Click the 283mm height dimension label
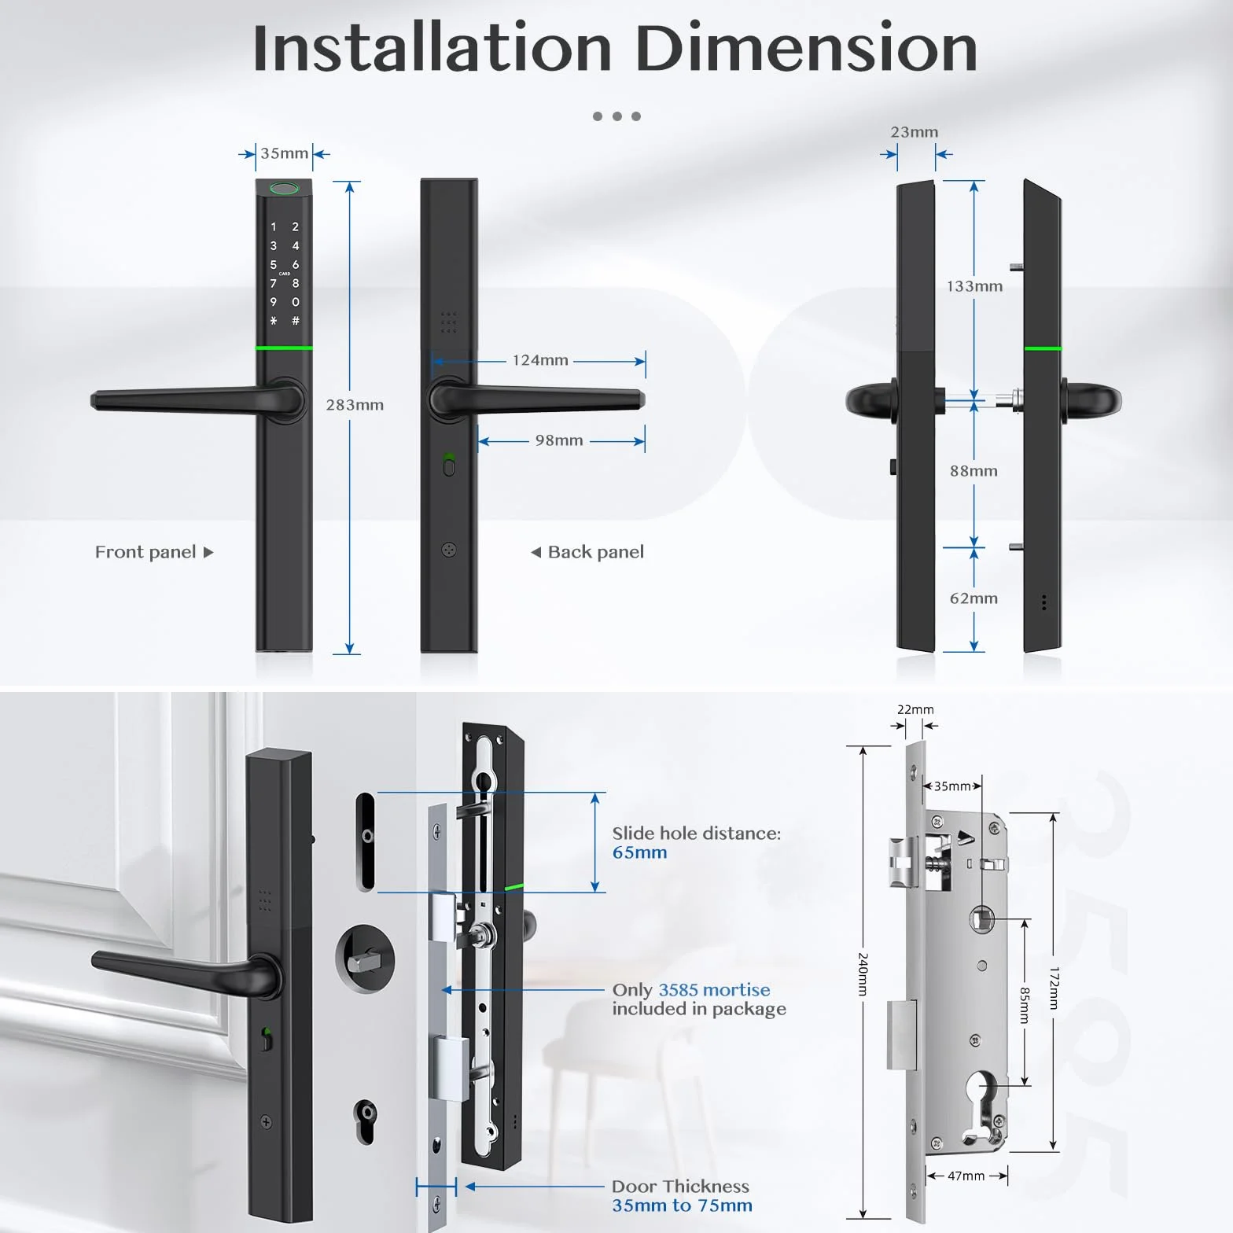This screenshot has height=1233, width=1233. coord(355,405)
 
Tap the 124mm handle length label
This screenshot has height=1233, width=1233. coord(540,360)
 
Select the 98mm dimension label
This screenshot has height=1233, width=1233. coord(559,440)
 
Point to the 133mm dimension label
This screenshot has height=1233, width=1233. coord(974,286)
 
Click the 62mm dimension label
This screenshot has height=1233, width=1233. coord(974,598)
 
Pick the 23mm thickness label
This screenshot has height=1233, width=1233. coord(914,132)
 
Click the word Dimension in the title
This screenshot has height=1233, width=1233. coord(806,49)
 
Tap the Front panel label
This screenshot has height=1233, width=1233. coord(145,552)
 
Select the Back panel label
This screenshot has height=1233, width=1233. coord(596,552)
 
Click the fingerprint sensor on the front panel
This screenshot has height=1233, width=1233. coord(285,189)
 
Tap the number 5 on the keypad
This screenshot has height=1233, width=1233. coord(274,265)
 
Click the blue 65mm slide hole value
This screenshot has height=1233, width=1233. coord(639,852)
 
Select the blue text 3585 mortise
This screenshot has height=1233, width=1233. coord(714,990)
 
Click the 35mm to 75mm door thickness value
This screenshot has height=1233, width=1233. coord(682,1205)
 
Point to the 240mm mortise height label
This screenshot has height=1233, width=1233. coord(863,974)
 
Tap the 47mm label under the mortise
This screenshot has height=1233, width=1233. coord(966,1176)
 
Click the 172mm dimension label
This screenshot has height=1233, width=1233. coord(1054,988)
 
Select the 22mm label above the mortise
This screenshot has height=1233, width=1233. coord(915,709)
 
